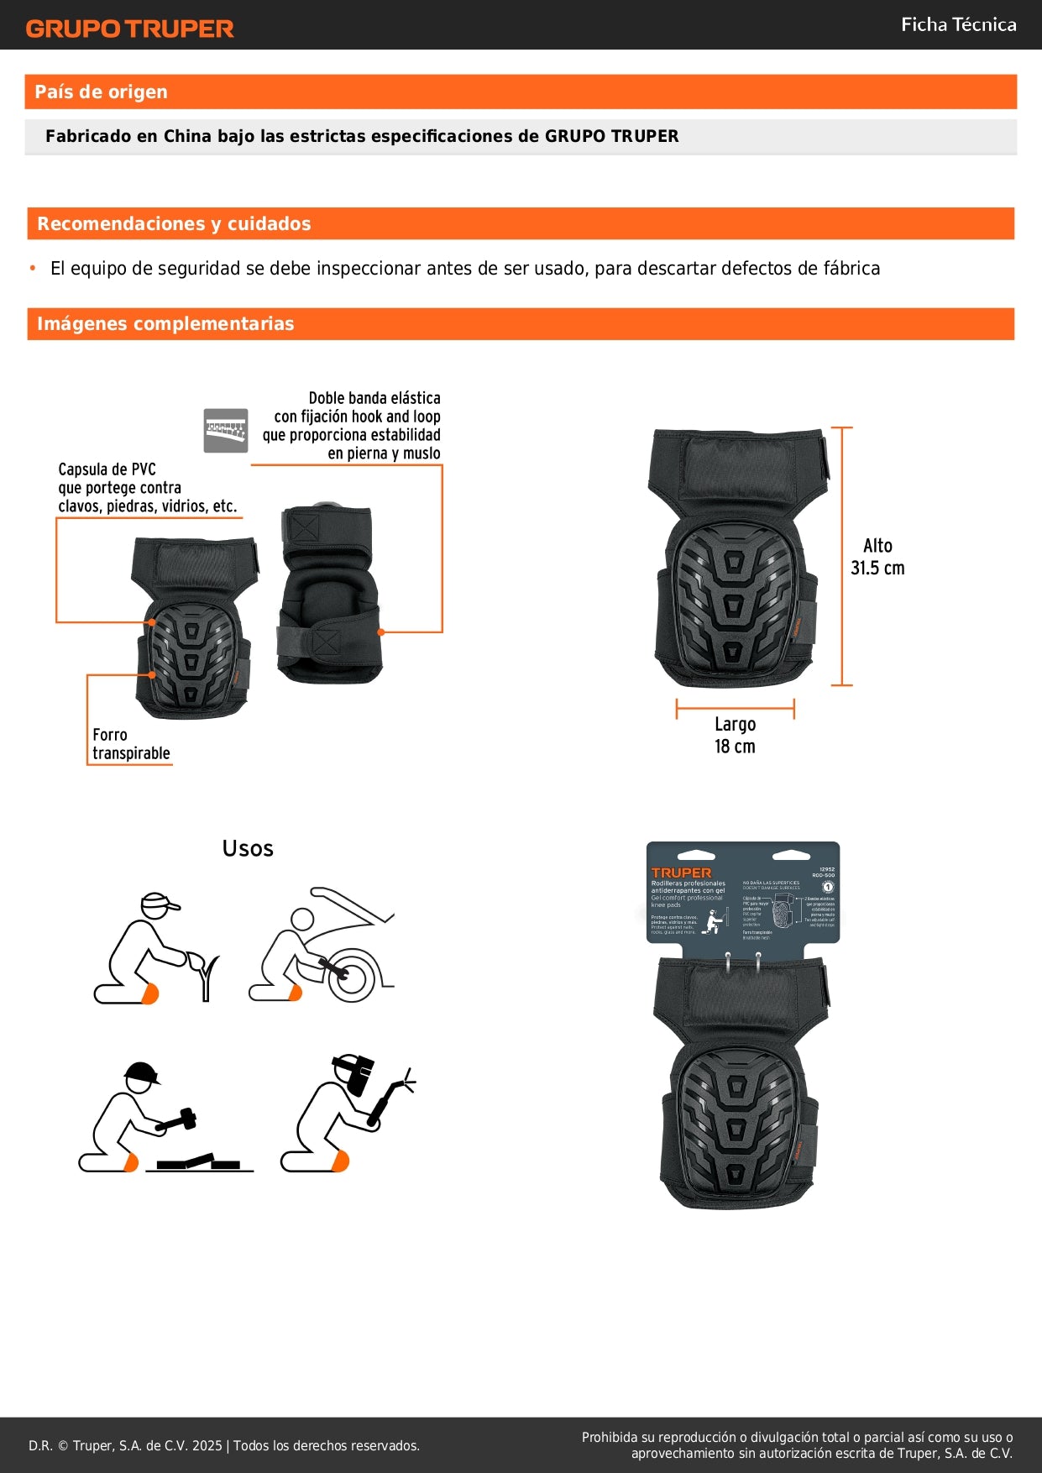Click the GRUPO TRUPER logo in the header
(129, 29)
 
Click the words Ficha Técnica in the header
(958, 25)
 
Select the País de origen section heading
(101, 92)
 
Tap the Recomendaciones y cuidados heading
(174, 224)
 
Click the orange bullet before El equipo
(33, 269)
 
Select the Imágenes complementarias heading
(165, 324)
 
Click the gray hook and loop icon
(226, 431)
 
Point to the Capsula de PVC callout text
(147, 488)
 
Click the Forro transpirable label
(131, 744)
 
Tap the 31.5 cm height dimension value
(877, 569)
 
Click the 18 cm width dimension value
(735, 747)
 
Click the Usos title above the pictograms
(248, 848)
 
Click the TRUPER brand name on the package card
(681, 873)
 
